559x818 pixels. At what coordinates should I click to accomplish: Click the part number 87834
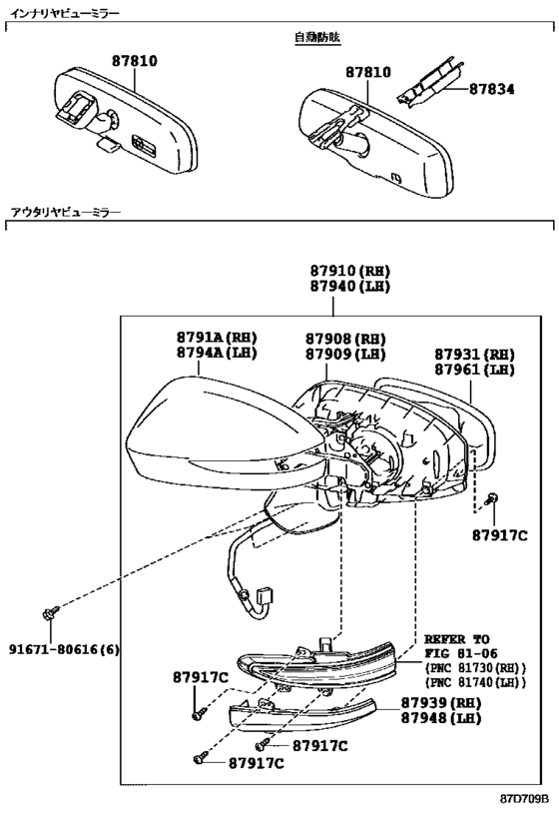[491, 89]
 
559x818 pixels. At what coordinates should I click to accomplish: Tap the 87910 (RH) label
[350, 271]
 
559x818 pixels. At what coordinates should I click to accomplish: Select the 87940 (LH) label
[350, 286]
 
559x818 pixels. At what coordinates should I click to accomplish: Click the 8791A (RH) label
[217, 337]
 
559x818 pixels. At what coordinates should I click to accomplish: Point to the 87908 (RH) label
[345, 339]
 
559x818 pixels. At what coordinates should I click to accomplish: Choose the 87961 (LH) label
[474, 370]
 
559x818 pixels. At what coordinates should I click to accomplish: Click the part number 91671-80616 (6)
[64, 649]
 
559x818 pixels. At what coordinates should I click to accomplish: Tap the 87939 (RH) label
[440, 703]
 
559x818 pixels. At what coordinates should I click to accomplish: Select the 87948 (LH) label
[440, 718]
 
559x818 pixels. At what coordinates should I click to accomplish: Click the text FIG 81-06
[460, 653]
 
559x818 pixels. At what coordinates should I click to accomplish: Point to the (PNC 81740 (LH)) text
[475, 682]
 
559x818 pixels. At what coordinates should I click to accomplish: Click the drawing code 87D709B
[525, 799]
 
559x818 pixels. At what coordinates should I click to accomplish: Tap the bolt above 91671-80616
[51, 613]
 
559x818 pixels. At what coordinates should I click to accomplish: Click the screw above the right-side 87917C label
[491, 498]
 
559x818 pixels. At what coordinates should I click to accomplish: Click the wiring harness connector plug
[267, 597]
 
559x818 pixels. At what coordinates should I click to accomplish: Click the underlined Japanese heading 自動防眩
[317, 38]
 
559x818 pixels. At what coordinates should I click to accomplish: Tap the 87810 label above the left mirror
[135, 61]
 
